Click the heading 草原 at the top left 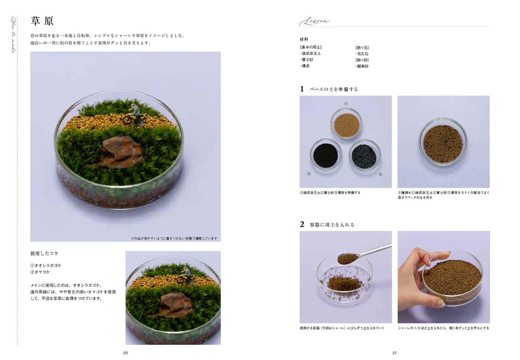point(42,21)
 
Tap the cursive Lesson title point(315,22)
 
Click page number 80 point(125,353)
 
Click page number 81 point(394,353)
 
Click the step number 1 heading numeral point(302,89)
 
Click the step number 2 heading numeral point(302,224)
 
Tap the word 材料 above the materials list point(304,39)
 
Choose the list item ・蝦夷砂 point(362,66)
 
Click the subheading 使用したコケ point(44,253)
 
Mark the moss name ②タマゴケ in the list point(40,272)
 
